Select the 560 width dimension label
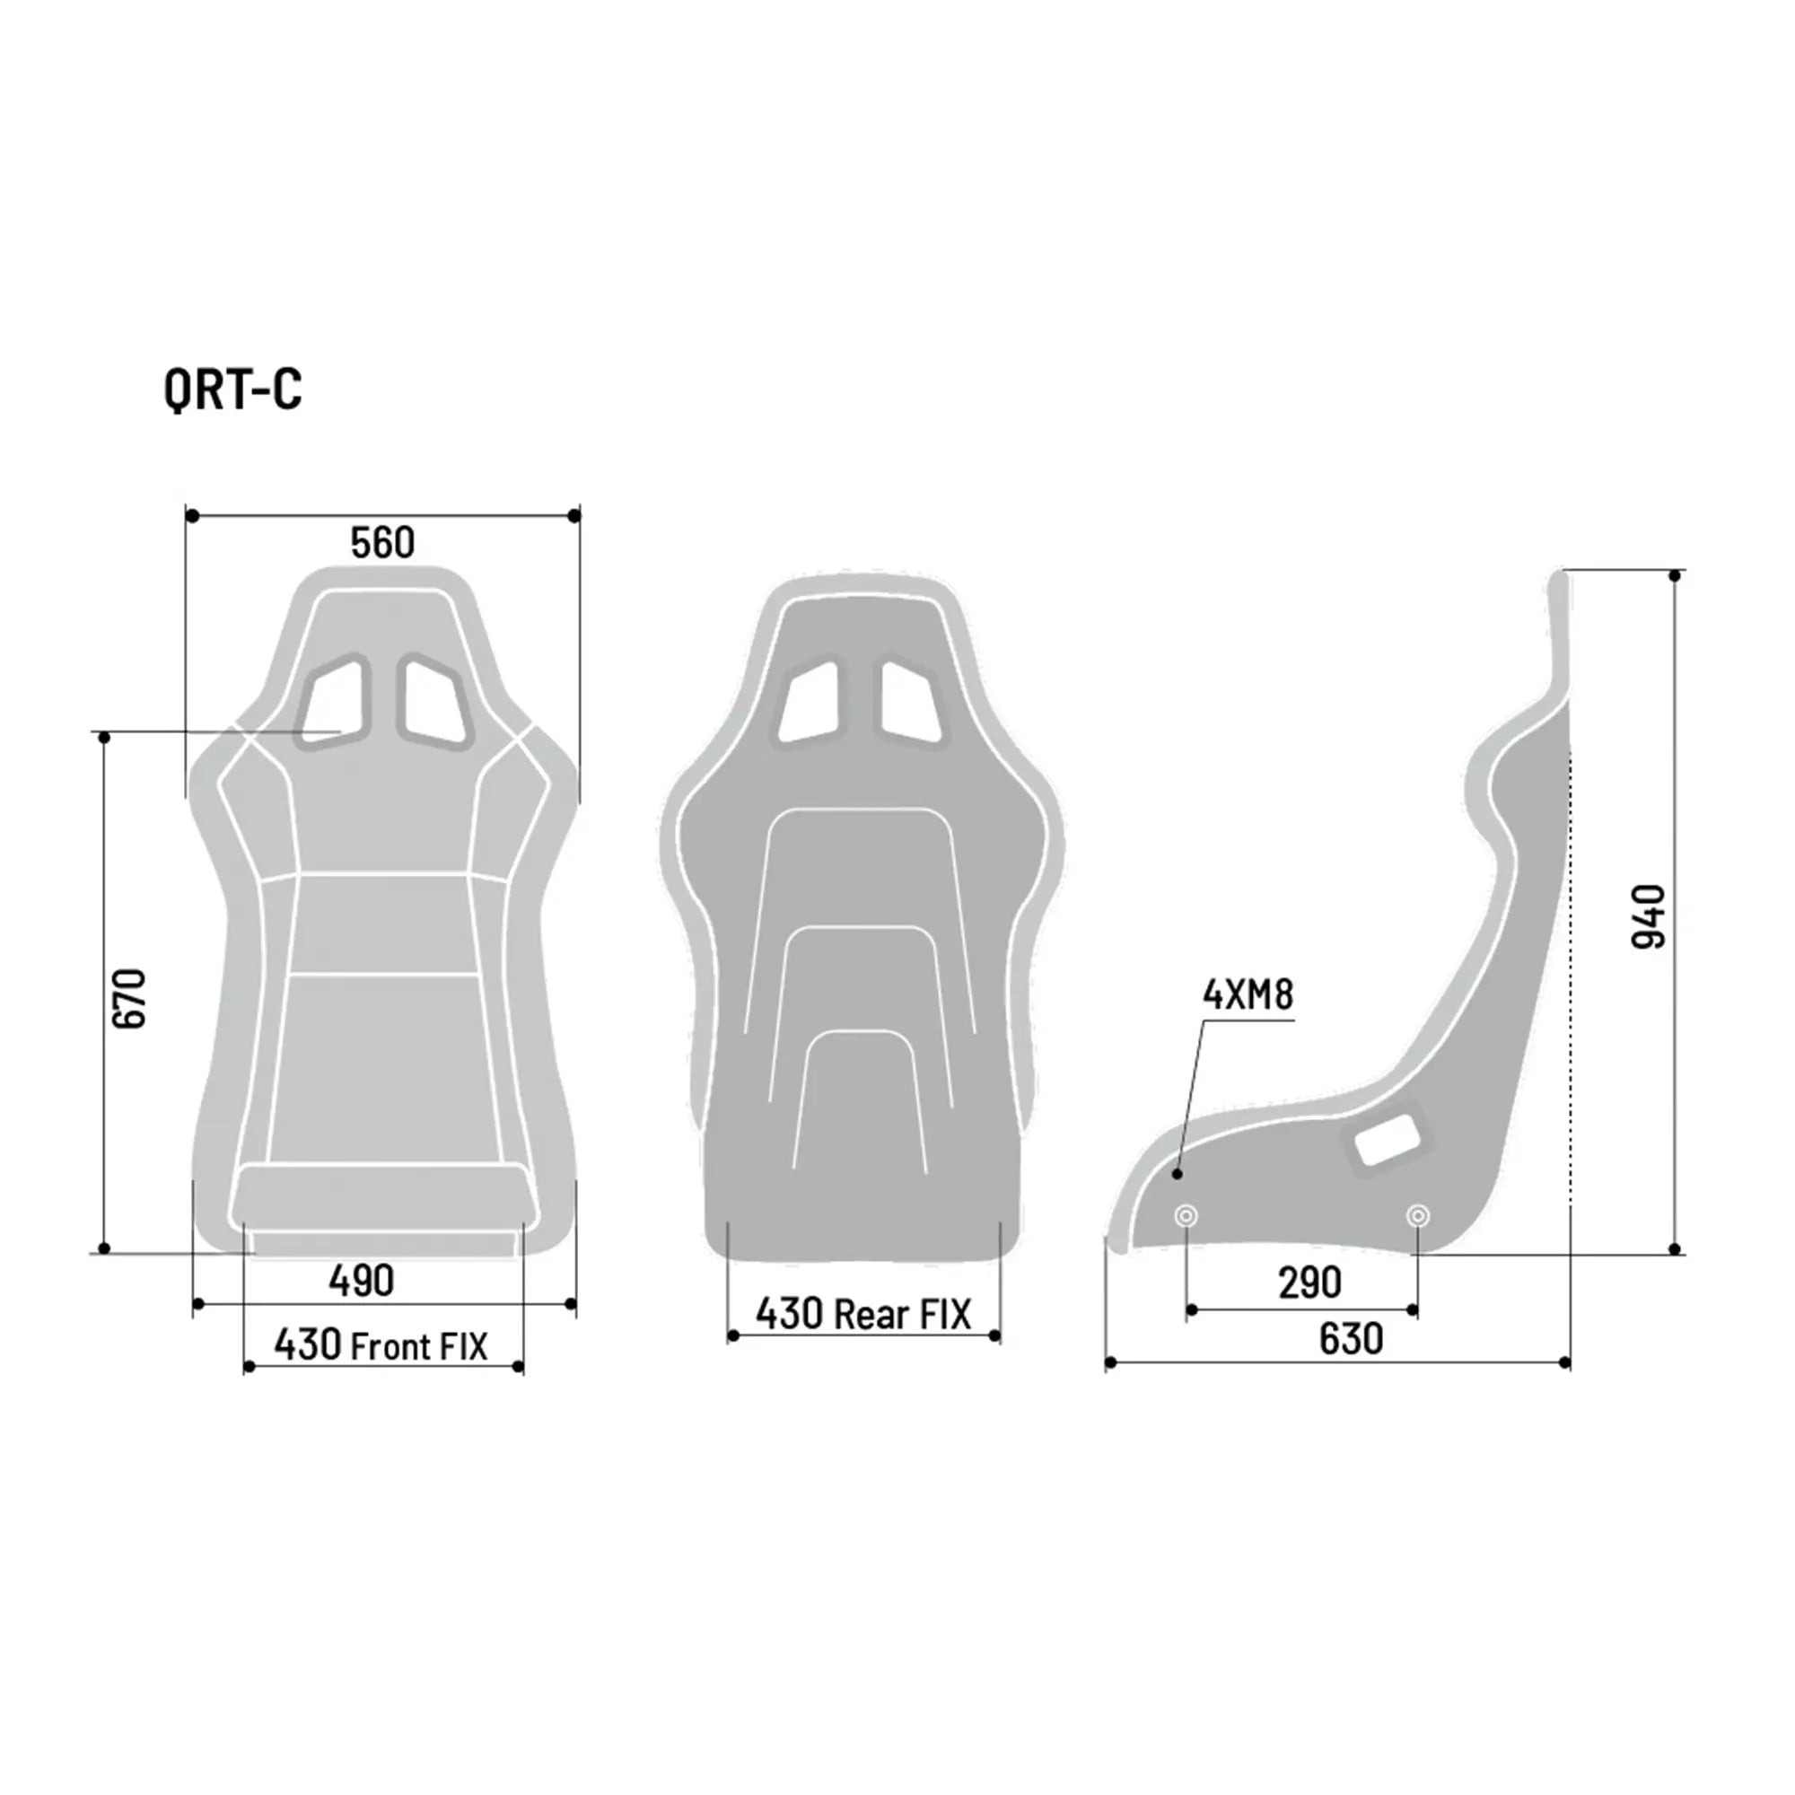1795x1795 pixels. click(x=381, y=543)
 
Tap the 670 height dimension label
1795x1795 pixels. click(x=129, y=999)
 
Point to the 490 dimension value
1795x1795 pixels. click(x=362, y=1282)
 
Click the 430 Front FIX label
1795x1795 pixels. click(x=380, y=1345)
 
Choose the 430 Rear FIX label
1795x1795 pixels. click(x=863, y=1315)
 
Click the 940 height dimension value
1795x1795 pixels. click(x=1649, y=916)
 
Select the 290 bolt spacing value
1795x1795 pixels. click(x=1310, y=1283)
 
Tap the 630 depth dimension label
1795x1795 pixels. click(x=1351, y=1339)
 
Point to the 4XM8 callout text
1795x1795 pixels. click(x=1248, y=995)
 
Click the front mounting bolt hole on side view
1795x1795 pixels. click(x=1186, y=1215)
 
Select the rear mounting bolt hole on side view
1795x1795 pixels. click(x=1418, y=1215)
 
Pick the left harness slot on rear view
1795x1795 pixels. click(x=811, y=702)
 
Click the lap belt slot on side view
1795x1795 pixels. click(x=1387, y=1139)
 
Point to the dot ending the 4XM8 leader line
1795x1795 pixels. click(x=1178, y=1174)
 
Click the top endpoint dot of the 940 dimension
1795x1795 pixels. click(x=1675, y=576)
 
